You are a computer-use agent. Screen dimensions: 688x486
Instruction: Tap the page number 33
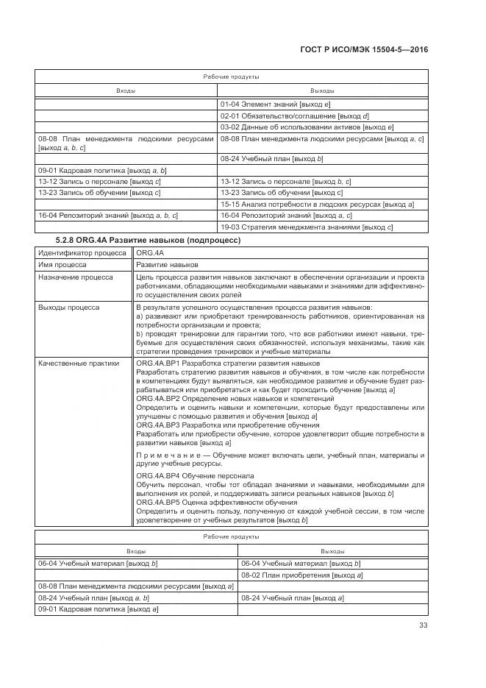point(423,625)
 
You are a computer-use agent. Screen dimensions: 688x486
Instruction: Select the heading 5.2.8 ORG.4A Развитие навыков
point(147,240)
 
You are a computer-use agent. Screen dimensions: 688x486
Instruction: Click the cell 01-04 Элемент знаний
point(276,105)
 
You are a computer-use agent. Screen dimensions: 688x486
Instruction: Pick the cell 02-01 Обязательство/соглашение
point(294,116)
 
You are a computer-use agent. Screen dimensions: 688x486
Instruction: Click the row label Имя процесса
point(62,264)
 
